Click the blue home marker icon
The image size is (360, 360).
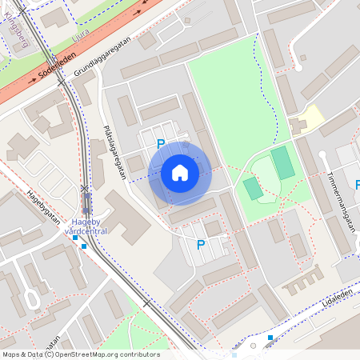click(180, 173)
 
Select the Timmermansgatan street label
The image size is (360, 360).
click(341, 192)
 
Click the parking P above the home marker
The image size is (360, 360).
click(160, 144)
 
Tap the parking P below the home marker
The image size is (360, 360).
click(201, 245)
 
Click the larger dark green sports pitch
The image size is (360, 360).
click(282, 162)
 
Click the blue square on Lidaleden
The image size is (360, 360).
click(270, 338)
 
